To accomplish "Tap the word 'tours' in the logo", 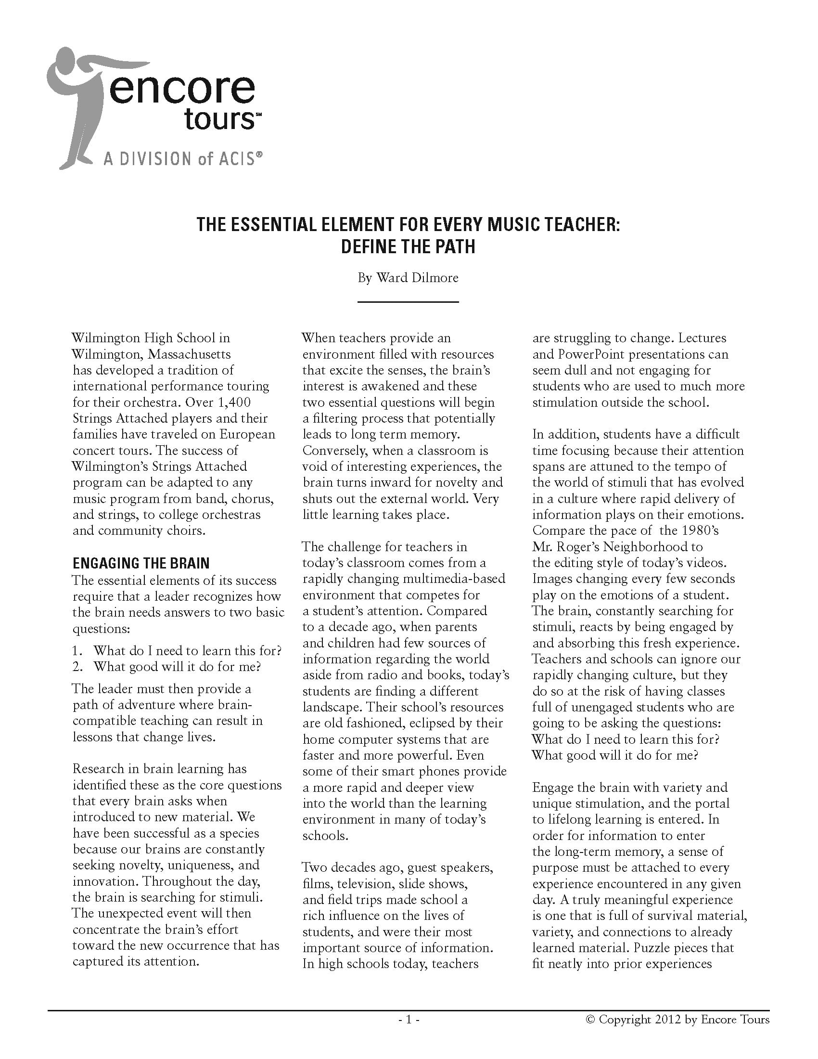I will pos(219,119).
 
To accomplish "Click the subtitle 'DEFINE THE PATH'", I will pos(408,247).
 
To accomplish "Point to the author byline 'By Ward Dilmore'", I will pos(408,278).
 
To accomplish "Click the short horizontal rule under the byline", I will pos(408,302).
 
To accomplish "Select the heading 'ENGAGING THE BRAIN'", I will pos(141,564).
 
